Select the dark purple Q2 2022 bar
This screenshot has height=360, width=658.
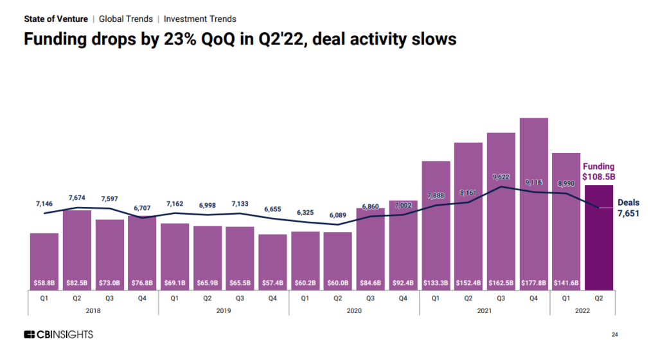(600, 238)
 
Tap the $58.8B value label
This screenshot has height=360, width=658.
(44, 282)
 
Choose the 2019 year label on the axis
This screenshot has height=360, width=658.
(223, 310)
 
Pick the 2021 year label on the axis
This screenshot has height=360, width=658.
(485, 310)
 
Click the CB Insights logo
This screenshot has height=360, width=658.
(58, 334)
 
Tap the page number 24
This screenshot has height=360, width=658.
(614, 334)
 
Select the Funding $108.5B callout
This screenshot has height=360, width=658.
(598, 172)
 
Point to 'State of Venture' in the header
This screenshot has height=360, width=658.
(56, 19)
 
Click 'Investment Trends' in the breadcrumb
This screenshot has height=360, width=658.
(200, 19)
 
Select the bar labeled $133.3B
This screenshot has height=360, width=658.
(436, 222)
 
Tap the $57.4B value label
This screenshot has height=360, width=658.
(272, 282)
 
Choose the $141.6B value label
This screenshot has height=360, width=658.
(566, 282)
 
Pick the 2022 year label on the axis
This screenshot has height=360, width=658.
(582, 310)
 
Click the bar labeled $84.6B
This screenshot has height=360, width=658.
(371, 248)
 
